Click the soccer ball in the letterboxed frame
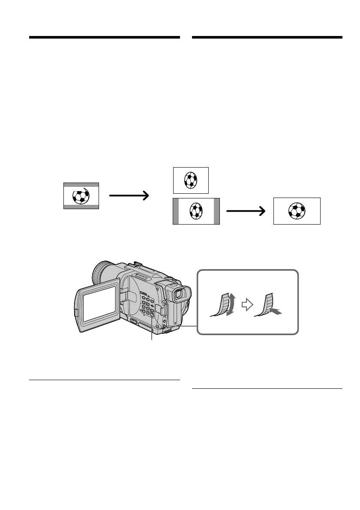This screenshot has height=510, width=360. point(81,196)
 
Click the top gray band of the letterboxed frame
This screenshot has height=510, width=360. point(81,185)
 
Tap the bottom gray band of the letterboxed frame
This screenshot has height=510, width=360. point(81,207)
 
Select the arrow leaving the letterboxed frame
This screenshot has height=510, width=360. point(129,195)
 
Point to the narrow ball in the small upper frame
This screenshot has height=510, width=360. point(191,180)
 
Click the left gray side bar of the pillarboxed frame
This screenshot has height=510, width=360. point(175,211)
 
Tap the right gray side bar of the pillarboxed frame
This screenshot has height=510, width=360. point(216,211)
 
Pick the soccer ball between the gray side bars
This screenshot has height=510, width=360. point(196,211)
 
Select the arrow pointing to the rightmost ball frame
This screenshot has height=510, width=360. point(246,211)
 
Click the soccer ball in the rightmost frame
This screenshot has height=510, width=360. point(297,211)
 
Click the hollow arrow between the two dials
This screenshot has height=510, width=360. point(246,305)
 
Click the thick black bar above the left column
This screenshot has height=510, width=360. point(104,38)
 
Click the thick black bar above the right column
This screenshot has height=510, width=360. point(267,38)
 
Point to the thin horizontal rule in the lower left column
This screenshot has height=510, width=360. point(104,380)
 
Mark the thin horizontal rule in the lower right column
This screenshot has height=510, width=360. point(267,389)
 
